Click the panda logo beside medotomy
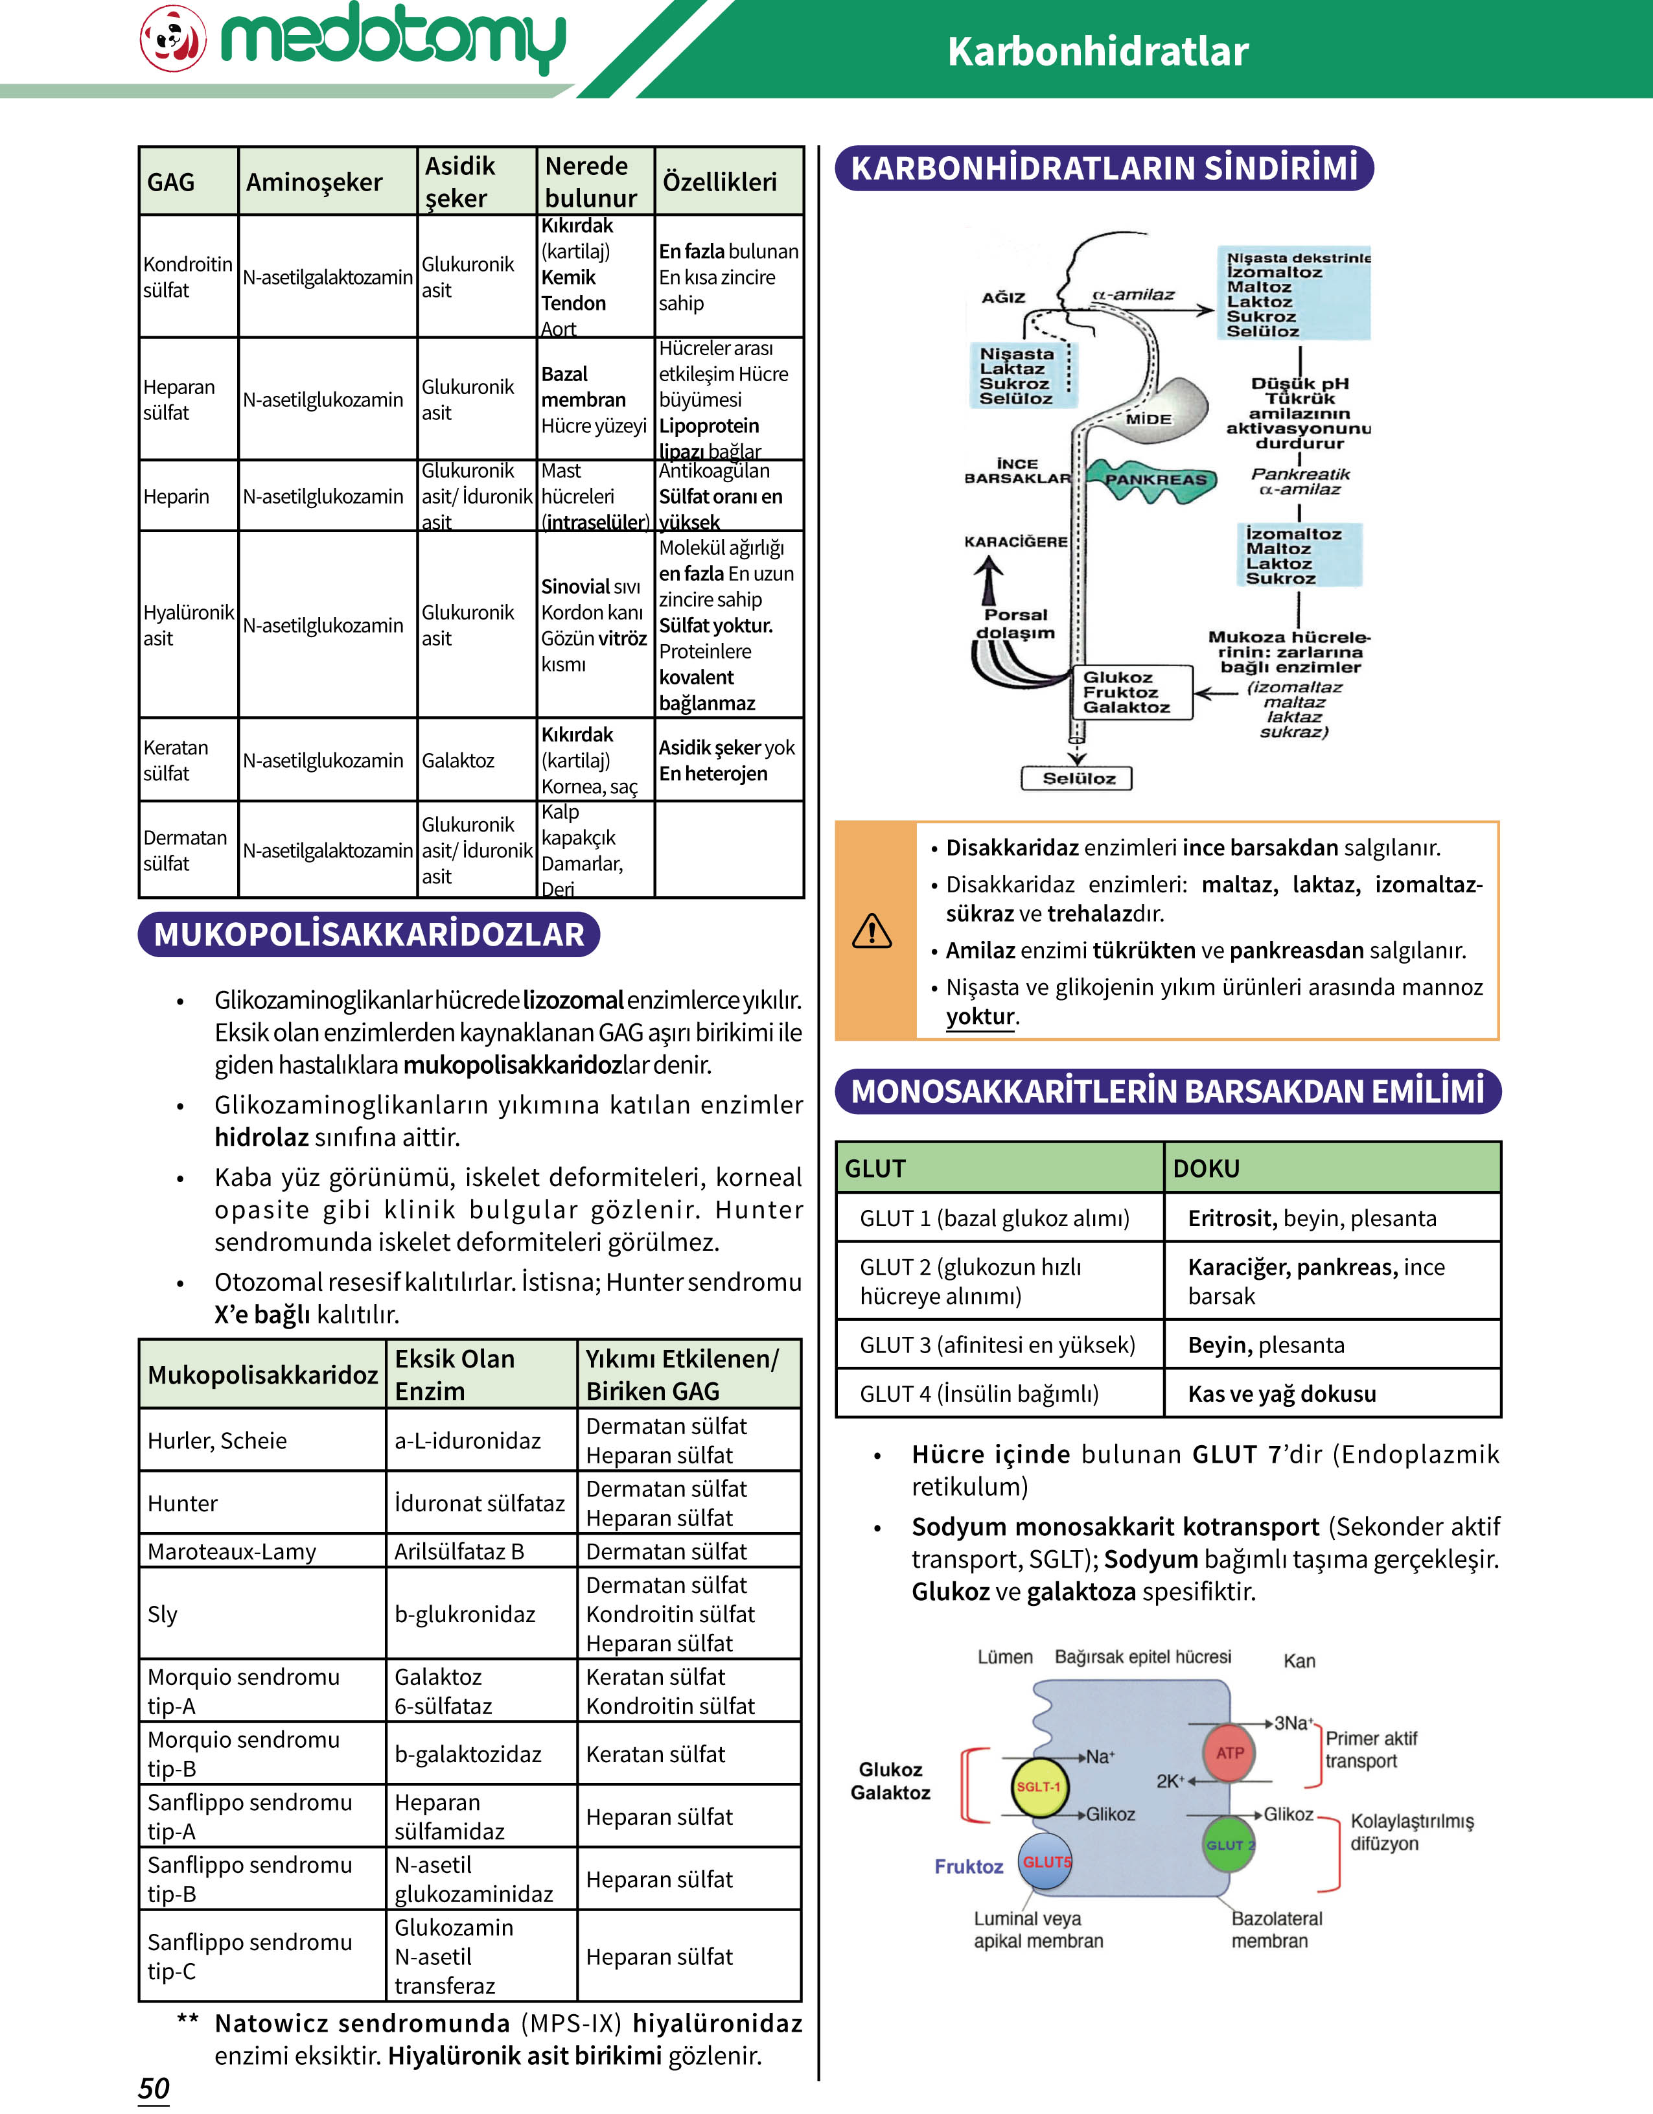tap(173, 39)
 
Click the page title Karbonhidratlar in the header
tap(1098, 51)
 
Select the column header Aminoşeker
tap(314, 182)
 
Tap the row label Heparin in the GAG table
tap(176, 496)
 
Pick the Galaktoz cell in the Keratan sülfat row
tap(457, 761)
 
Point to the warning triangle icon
tap(872, 931)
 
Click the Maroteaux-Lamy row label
tap(231, 1551)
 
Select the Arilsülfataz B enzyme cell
tap(459, 1551)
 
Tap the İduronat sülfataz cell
tap(479, 1504)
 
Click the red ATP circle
tap(1229, 1753)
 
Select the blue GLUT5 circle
tap(1046, 1861)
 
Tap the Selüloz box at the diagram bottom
tap(1077, 778)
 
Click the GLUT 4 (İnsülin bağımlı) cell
tap(979, 1394)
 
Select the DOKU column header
tap(1206, 1168)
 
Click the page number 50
tap(154, 2088)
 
